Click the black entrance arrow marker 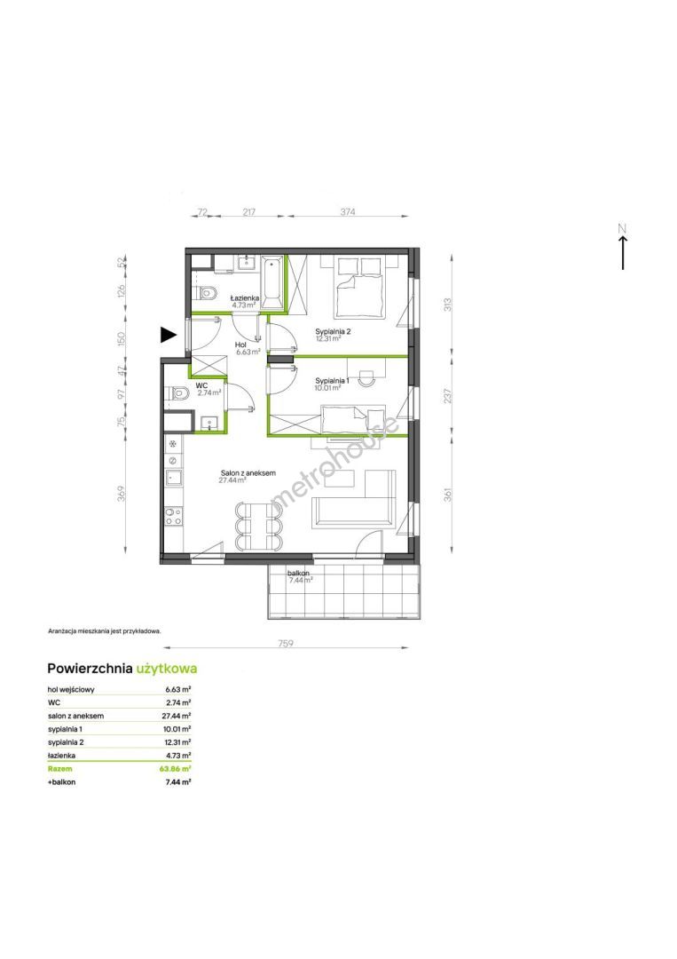pos(168,334)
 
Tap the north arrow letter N pos(622,229)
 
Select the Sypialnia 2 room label pos(333,331)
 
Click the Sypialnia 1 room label pos(332,380)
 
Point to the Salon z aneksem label pos(248,472)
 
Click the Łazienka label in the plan pos(245,297)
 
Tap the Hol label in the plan pos(240,345)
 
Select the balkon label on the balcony pos(298,573)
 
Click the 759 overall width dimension pos(286,643)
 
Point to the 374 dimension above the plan pos(347,211)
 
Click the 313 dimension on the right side pos(447,305)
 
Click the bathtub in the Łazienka pos(272,282)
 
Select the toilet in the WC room pos(177,393)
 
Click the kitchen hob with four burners pos(174,517)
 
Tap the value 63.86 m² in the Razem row pos(175,769)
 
